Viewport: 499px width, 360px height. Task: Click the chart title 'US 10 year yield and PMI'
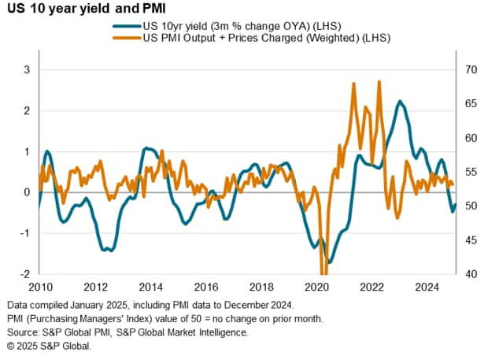pos(91,10)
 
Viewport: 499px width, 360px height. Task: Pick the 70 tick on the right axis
pos(470,69)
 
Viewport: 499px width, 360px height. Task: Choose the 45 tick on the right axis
pos(470,240)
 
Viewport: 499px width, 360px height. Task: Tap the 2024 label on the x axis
pos(425,287)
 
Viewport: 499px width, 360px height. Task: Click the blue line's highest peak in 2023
pos(400,102)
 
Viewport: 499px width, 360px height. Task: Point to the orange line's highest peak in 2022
pos(379,81)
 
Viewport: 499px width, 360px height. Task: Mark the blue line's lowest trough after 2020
pos(330,262)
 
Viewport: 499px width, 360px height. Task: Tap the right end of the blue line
pos(455,204)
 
